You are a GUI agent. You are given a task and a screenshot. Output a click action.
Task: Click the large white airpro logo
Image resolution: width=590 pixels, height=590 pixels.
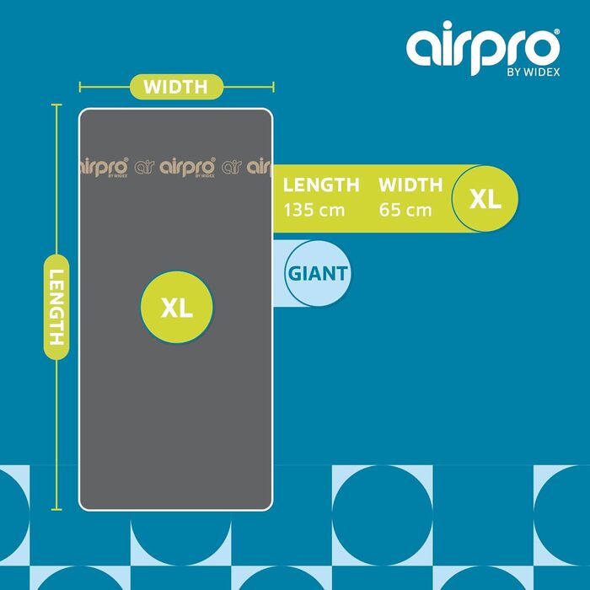point(482,47)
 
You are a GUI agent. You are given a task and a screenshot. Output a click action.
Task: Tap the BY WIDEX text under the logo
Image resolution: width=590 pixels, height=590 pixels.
point(534,72)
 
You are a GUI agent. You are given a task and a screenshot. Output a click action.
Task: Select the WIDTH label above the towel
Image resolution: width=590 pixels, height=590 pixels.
point(175,87)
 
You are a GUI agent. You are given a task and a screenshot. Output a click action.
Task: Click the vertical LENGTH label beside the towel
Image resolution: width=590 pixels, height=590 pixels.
point(56,307)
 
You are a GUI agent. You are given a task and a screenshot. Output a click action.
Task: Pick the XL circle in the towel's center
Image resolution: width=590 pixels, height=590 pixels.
point(177,307)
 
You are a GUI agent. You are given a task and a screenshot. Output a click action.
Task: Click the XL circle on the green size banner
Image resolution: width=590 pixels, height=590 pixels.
point(485,199)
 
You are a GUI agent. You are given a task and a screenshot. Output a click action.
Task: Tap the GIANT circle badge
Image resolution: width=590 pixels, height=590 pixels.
point(318,274)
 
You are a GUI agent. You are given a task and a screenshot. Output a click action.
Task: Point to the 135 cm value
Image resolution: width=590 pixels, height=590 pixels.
point(314,210)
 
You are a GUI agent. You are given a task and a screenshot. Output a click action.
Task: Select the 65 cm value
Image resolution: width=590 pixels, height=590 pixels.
point(405,210)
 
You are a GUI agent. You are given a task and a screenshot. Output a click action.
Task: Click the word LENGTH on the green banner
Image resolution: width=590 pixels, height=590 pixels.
point(321,185)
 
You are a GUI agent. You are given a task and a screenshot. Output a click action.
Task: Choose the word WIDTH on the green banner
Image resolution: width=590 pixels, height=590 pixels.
point(410,185)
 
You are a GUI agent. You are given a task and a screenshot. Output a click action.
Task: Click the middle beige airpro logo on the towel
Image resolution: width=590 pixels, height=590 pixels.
point(187,167)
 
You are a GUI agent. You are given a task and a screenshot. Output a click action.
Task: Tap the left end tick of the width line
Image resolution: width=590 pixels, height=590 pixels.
point(80,87)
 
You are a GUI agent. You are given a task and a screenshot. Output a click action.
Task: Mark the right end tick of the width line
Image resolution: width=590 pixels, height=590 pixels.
point(274,87)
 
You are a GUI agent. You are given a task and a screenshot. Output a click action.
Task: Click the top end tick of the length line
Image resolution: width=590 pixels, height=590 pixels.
point(56,105)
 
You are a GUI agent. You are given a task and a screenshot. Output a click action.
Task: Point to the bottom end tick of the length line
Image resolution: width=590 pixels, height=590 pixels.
point(56,509)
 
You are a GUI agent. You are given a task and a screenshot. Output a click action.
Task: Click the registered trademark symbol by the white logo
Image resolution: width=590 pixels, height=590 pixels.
point(557,32)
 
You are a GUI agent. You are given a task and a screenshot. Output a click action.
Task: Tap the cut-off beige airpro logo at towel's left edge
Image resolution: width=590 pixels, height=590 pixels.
point(105,167)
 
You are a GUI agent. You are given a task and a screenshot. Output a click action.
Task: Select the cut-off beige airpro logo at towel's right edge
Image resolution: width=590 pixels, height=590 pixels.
point(259,167)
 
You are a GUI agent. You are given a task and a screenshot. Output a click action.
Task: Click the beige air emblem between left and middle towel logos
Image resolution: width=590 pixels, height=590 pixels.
point(144,167)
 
